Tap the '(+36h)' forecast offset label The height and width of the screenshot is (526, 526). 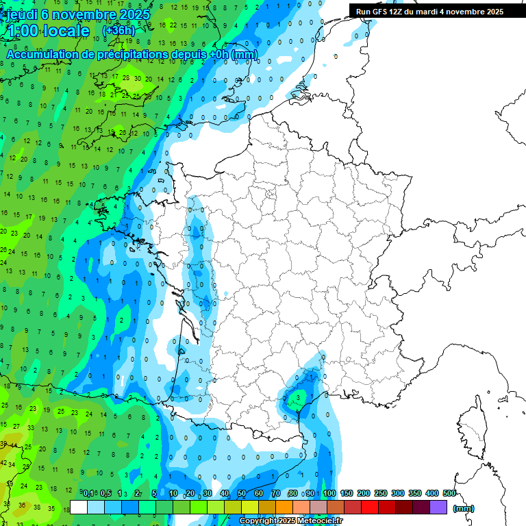tap(118, 31)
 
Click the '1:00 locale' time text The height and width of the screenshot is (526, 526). tap(48, 32)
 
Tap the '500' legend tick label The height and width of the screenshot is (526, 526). tap(449, 493)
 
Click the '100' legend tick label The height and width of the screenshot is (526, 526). tap(329, 493)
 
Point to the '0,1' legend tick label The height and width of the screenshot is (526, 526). tap(88, 493)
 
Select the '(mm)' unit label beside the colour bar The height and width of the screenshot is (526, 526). tap(464, 508)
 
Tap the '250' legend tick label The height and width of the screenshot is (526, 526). tap(381, 493)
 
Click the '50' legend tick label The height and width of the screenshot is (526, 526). tap(242, 493)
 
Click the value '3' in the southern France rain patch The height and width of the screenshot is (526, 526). tap(298, 397)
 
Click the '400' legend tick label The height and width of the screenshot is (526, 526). tap(432, 493)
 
